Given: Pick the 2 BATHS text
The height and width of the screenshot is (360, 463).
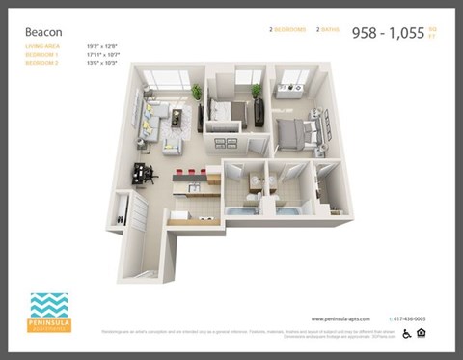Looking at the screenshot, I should [327, 30].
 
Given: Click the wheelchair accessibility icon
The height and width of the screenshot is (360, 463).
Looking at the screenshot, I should [406, 334].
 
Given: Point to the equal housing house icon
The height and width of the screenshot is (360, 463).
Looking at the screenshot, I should [422, 334].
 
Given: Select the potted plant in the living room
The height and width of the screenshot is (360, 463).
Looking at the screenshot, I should [197, 92].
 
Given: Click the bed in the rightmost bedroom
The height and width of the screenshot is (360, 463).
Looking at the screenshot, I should [299, 129].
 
